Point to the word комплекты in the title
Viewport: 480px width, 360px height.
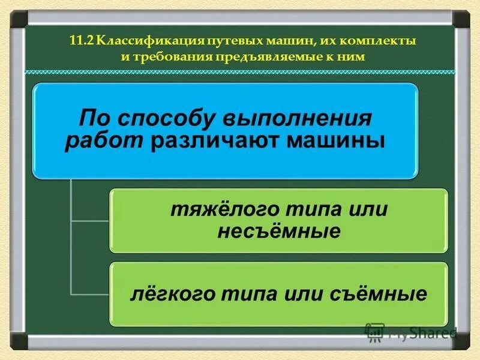click(x=385, y=42)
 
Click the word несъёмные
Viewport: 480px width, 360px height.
click(x=278, y=231)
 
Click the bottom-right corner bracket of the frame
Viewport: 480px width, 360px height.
click(x=462, y=343)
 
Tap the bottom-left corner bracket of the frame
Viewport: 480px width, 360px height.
click(x=18, y=343)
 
